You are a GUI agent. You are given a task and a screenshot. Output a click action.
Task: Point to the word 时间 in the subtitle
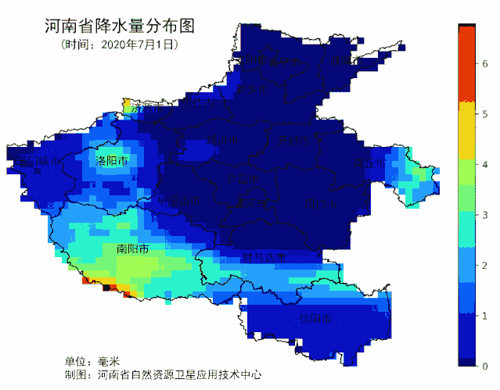81,45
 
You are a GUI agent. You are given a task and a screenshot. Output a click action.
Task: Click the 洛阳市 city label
111,160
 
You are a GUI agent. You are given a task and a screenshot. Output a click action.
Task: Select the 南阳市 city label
132,249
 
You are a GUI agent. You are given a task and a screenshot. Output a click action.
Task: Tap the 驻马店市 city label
264,257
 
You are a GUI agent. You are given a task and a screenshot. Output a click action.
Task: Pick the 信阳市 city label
315,319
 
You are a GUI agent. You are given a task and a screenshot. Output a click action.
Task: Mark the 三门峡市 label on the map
32,162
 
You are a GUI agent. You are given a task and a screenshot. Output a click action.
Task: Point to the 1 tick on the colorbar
484,316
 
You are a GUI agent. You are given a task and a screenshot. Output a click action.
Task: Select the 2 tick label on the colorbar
484,266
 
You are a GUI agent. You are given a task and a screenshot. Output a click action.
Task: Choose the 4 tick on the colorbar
484,165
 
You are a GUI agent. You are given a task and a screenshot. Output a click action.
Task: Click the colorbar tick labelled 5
484,115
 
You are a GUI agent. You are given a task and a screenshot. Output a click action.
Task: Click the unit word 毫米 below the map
108,362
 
